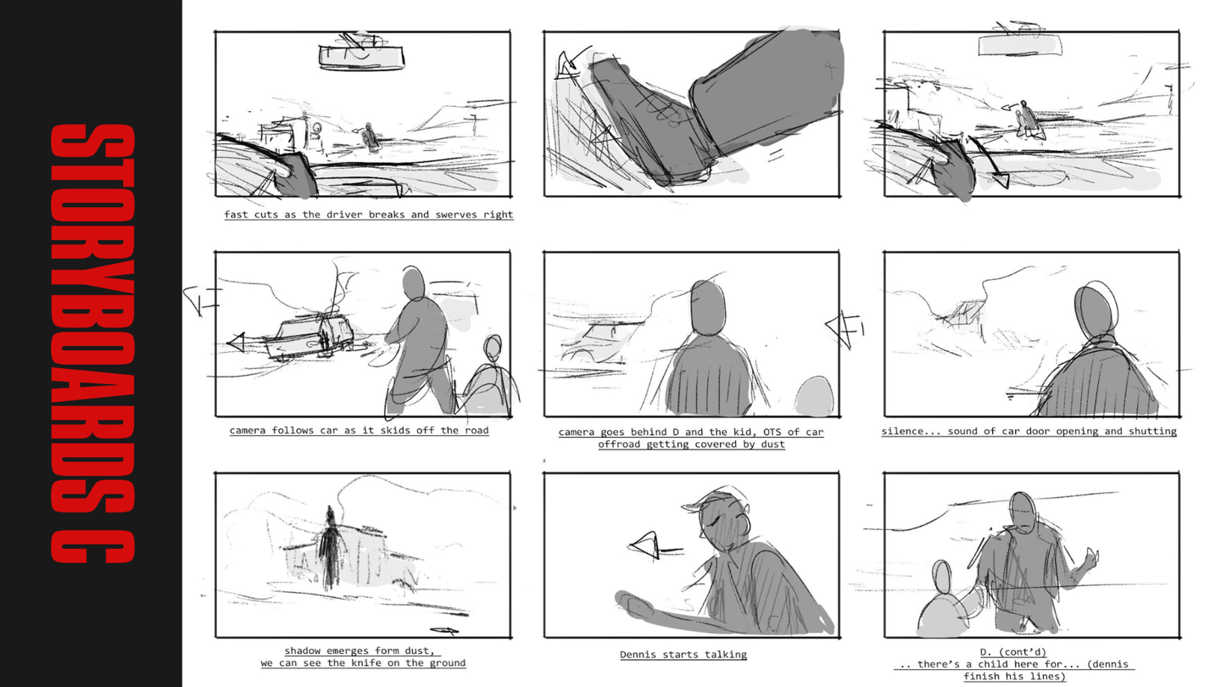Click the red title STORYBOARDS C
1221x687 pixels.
pyautogui.click(x=92, y=343)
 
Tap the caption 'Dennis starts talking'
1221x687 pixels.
pyautogui.click(x=683, y=654)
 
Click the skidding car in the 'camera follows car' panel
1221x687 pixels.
pyautogui.click(x=309, y=338)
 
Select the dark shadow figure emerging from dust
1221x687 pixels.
pyautogui.click(x=329, y=548)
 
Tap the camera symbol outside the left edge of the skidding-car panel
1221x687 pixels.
pyautogui.click(x=201, y=300)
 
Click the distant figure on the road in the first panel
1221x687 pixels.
pyautogui.click(x=371, y=137)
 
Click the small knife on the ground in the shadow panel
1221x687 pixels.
pyautogui.click(x=444, y=631)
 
